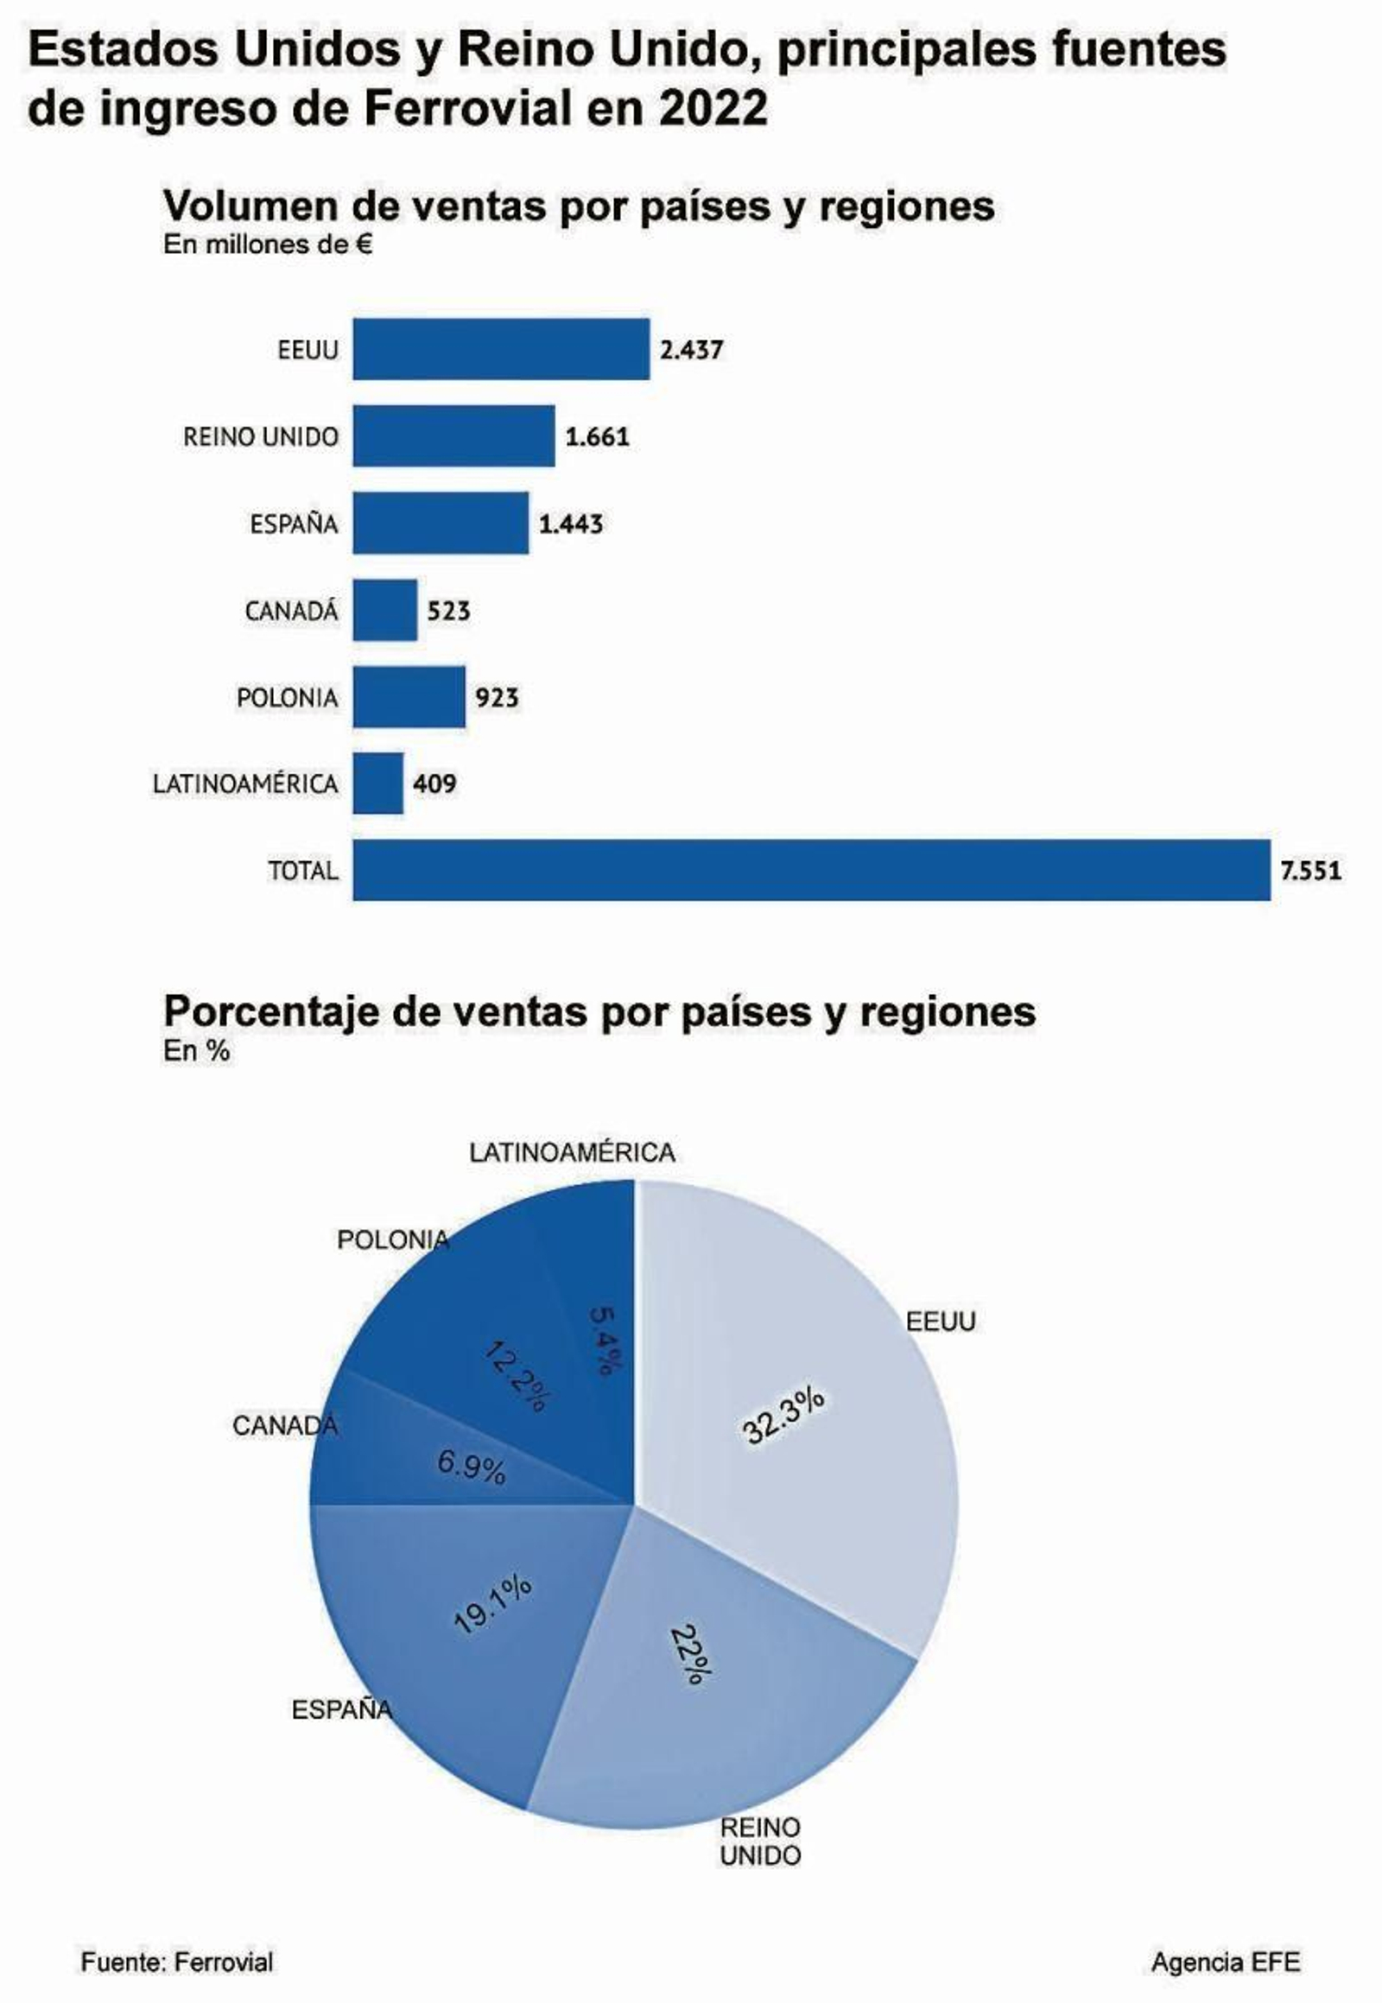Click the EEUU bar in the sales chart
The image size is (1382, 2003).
point(500,349)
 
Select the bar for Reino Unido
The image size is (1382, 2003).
point(453,435)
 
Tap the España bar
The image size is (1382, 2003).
point(440,523)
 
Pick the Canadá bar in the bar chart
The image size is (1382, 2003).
point(384,611)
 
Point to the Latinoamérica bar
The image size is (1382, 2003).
point(377,783)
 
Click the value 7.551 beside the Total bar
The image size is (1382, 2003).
point(1310,871)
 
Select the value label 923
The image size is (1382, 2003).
point(497,697)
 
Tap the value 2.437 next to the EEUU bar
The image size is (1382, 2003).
point(691,350)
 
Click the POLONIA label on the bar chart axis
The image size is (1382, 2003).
point(287,697)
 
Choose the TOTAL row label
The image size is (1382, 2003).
point(302,871)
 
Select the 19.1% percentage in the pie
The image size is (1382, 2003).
point(493,1603)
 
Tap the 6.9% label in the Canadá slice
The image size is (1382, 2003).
point(471,1466)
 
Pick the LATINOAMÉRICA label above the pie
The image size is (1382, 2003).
point(572,1152)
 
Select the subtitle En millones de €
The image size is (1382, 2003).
point(269,245)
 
